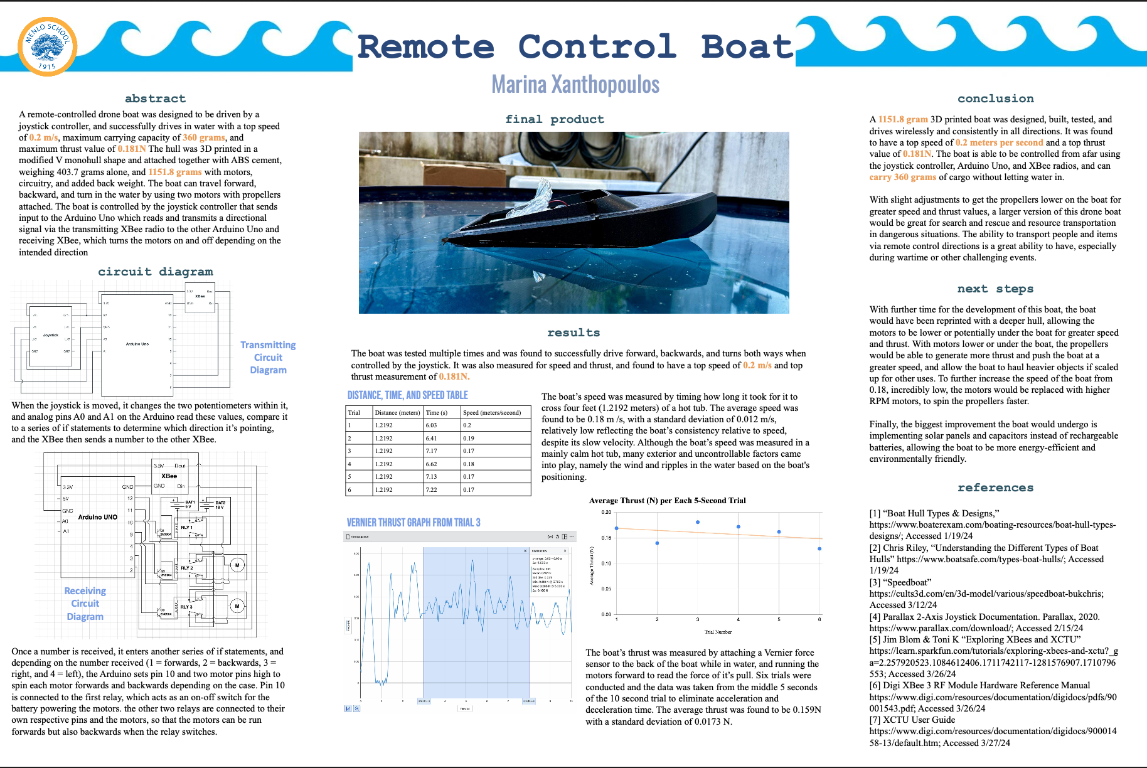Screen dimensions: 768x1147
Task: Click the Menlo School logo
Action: [47, 47]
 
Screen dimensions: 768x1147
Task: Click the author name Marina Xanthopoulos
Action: [575, 85]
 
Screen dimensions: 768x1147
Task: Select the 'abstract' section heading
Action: [155, 99]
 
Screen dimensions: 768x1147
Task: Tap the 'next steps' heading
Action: [995, 289]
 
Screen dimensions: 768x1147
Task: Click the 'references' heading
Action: [995, 488]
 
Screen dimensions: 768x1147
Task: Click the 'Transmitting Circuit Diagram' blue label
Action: [268, 358]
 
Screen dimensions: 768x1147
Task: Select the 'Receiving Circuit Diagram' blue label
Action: [85, 604]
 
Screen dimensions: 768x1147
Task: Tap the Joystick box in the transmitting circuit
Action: [51, 335]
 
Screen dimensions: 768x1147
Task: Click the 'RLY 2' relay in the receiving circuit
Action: [187, 567]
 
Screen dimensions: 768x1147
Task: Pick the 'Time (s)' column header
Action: [437, 413]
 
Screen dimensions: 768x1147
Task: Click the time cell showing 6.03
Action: [431, 425]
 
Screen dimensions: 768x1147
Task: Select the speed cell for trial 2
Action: [469, 439]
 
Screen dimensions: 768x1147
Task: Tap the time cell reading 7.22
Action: [431, 490]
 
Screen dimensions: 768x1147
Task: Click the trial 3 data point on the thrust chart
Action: [698, 522]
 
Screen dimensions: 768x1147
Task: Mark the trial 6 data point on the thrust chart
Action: [819, 549]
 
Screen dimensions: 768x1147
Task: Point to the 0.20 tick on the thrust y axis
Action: [606, 513]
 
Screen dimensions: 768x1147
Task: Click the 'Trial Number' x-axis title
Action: [718, 632]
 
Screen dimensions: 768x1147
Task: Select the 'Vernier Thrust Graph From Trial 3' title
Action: [413, 523]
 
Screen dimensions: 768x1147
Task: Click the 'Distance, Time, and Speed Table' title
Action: [408, 395]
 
